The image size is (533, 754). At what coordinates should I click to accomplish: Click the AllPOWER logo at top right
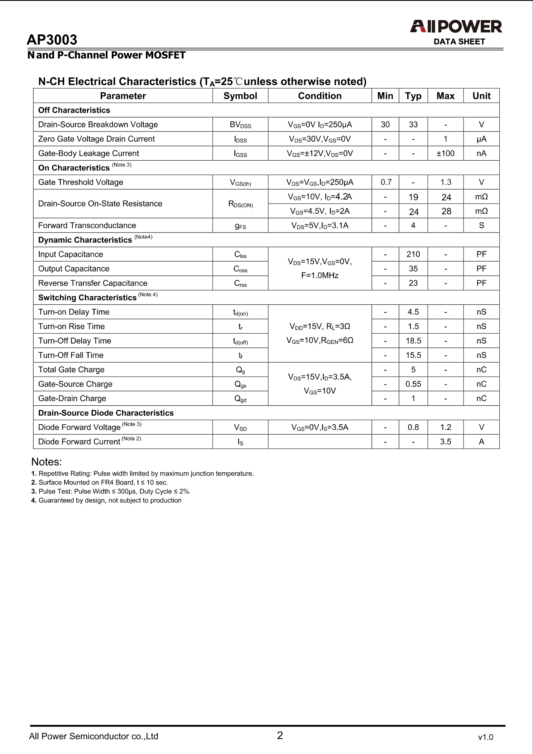[x=456, y=27]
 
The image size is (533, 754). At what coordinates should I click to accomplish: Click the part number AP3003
[x=52, y=40]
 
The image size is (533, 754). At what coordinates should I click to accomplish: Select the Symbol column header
[x=240, y=96]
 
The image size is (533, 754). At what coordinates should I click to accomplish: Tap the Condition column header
[x=320, y=96]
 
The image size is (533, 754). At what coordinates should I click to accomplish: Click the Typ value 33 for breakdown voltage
[x=413, y=124]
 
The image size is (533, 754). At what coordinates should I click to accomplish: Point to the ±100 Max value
[x=445, y=153]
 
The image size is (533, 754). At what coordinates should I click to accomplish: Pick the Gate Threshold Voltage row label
[x=81, y=182]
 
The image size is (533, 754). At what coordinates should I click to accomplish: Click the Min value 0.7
[x=386, y=182]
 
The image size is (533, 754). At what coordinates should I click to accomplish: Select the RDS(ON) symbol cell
[x=240, y=204]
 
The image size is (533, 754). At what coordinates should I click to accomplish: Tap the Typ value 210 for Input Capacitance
[x=413, y=254]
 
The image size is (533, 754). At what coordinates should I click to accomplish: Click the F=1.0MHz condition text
[x=320, y=276]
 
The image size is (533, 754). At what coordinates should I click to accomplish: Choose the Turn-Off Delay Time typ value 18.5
[x=413, y=340]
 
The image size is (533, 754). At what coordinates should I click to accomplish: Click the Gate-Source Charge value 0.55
[x=413, y=384]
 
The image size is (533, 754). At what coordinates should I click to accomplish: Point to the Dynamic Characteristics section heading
[x=85, y=240]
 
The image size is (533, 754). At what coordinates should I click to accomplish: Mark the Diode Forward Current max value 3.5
[x=445, y=442]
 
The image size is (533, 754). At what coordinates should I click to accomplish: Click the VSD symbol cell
[x=240, y=428]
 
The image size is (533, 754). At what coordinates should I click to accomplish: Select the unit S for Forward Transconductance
[x=481, y=225]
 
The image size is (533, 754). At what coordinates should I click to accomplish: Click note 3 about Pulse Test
[x=111, y=491]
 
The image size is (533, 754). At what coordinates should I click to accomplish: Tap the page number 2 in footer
[x=280, y=735]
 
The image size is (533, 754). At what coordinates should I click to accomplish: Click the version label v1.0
[x=485, y=737]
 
